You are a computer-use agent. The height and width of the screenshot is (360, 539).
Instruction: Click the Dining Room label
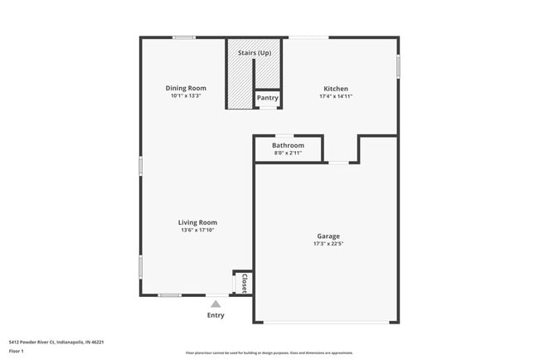[x=185, y=88]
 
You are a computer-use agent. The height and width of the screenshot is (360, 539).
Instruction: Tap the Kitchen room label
[x=335, y=89]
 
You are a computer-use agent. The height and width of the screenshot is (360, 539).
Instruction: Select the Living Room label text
[x=197, y=222]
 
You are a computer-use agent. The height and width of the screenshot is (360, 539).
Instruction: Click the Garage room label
[x=328, y=236]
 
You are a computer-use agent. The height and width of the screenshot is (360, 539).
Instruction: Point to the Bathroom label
[x=287, y=146]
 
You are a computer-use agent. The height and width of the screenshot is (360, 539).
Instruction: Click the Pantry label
[x=267, y=98]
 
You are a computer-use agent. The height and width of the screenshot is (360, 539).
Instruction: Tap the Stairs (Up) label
[x=255, y=53]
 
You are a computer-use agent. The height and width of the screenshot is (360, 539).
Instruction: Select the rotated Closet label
[x=244, y=283]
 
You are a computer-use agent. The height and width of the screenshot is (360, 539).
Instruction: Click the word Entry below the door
[x=216, y=315]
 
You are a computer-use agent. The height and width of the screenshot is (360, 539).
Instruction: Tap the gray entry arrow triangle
[x=216, y=304]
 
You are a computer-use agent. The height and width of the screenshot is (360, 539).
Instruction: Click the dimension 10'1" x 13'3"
[x=185, y=96]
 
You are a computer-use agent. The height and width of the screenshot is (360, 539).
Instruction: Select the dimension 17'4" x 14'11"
[x=335, y=97]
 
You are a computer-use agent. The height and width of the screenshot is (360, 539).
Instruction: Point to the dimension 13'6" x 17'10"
[x=197, y=231]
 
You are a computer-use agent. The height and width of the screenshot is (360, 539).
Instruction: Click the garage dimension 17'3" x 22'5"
[x=328, y=245]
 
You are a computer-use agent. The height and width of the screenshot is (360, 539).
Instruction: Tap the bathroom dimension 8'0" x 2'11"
[x=287, y=153]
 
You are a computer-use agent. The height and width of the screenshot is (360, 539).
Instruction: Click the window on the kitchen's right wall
[x=399, y=66]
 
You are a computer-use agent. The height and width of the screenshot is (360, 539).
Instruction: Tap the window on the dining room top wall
[x=184, y=37]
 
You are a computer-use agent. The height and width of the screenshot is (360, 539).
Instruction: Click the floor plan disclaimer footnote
[x=269, y=353]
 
